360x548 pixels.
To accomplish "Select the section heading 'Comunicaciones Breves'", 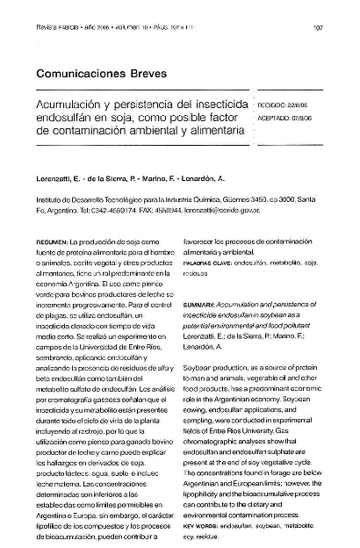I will coord(97,76).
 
